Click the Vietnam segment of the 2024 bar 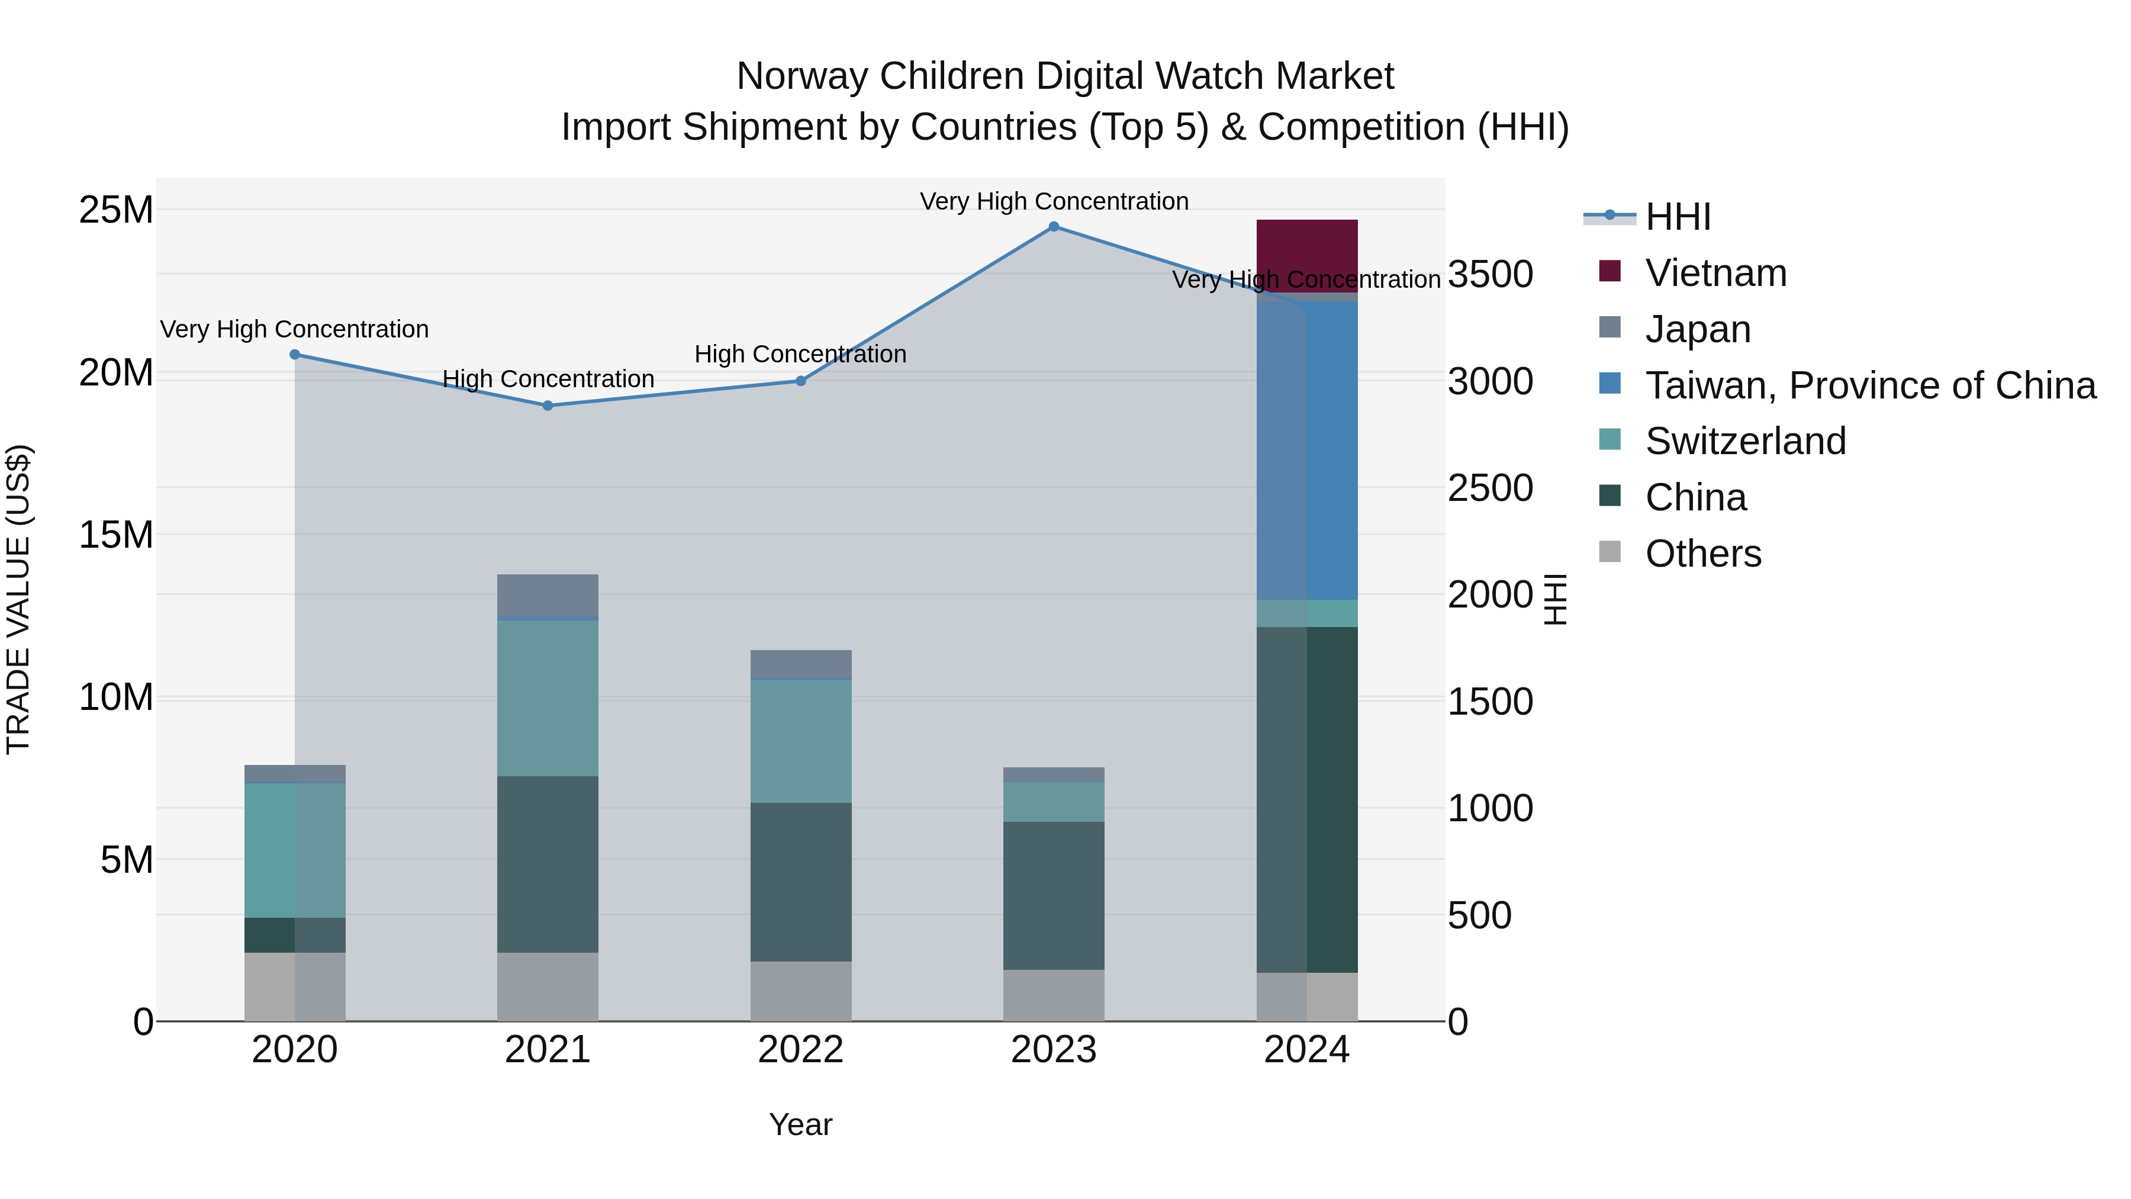point(1306,248)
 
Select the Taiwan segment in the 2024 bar point(1332,451)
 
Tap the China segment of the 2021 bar point(548,864)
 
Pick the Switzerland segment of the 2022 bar point(801,741)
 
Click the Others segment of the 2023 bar point(1053,995)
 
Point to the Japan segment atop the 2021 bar point(548,594)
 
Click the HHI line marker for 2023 point(1053,227)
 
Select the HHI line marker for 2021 point(548,406)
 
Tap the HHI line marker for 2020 point(295,354)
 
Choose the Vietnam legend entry point(1715,273)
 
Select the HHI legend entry point(1677,217)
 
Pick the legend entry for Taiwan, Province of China point(1869,385)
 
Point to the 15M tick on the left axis point(116,535)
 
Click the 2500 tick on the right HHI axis point(1490,488)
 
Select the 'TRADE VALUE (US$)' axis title point(18,599)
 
